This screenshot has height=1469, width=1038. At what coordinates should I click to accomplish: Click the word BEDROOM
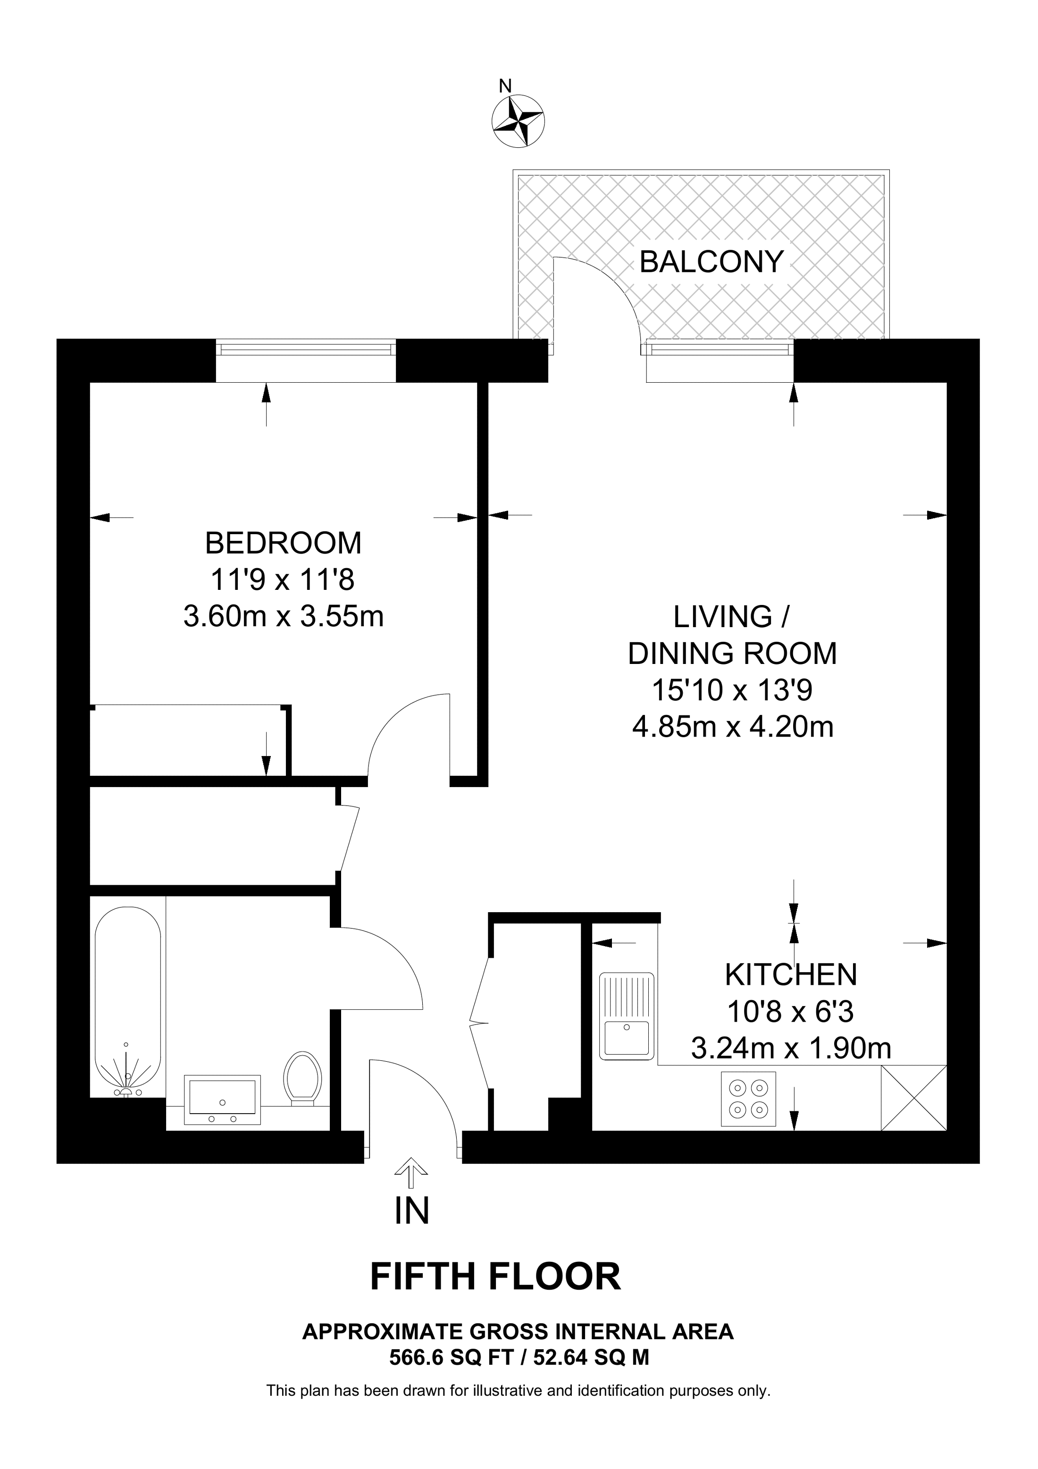click(283, 543)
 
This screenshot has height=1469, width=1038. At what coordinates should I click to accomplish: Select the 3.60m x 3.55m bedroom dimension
click(283, 617)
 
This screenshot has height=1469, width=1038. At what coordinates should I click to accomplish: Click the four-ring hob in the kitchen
click(748, 1099)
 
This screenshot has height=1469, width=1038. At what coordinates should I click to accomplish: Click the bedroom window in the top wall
click(306, 349)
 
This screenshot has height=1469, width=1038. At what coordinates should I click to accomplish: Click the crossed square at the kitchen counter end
click(913, 1098)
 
